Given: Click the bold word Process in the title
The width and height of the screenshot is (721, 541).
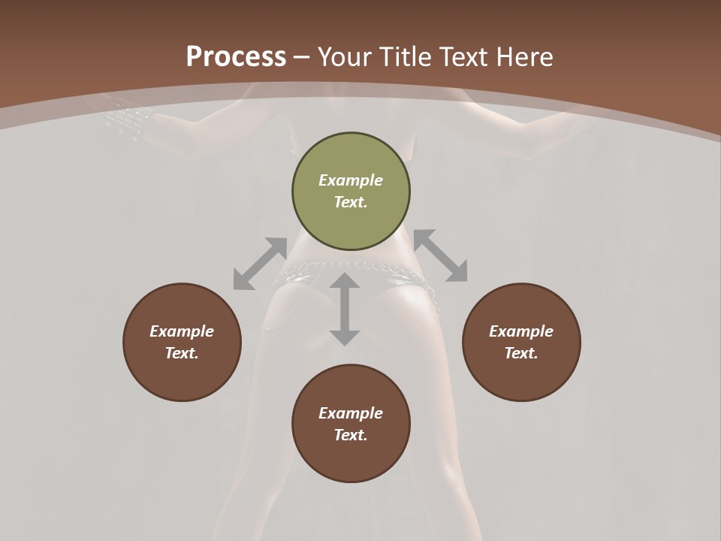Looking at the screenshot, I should pos(236,56).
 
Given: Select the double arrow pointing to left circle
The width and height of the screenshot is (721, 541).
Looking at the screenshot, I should pos(260,264).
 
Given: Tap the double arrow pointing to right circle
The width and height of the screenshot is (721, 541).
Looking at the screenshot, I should pos(440,255).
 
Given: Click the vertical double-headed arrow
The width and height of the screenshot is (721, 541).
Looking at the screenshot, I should pos(345,309).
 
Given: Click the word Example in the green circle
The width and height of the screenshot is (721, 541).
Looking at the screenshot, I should pos(351,180).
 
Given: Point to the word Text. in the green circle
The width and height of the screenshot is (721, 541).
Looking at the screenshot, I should pos(351,202).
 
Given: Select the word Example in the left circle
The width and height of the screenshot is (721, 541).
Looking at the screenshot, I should pos(182,331).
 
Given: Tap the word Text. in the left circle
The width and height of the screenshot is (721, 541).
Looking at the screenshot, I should pos(182,353).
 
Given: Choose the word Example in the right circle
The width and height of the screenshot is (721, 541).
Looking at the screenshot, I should pos(521,331).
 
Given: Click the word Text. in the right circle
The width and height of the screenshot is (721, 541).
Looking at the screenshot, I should pos(521,353).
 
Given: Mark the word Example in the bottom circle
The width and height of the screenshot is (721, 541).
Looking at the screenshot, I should pos(351,413).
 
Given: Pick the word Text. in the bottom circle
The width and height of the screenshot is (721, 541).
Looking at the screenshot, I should pos(351,435).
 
